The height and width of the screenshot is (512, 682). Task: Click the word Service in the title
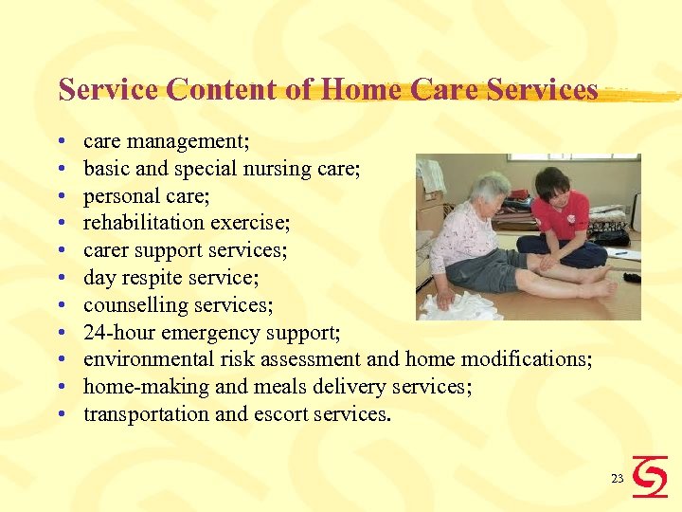[109, 90]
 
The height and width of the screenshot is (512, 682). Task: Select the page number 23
[617, 479]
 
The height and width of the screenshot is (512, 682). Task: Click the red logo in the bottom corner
[650, 476]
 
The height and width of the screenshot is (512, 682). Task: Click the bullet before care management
[62, 142]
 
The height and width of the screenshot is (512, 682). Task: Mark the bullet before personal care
[62, 196]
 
